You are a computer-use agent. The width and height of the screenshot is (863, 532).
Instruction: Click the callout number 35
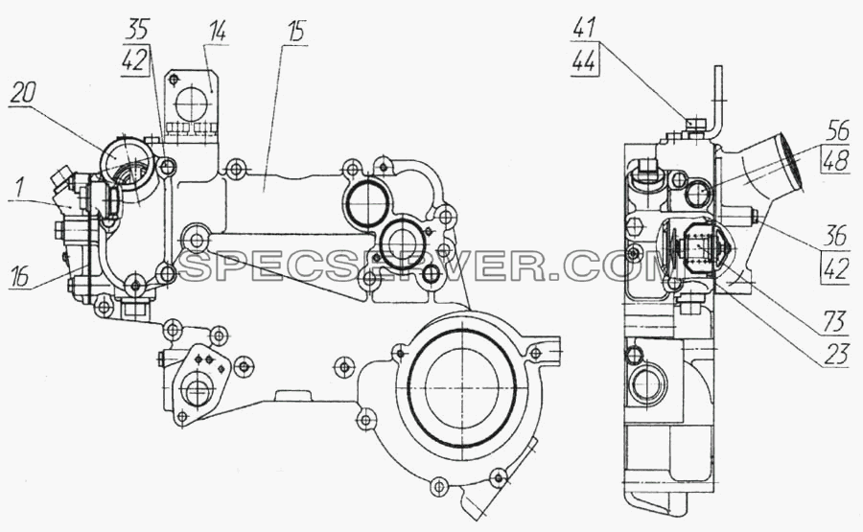pos(137,30)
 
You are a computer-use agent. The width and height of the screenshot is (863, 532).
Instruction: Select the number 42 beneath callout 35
pos(135,60)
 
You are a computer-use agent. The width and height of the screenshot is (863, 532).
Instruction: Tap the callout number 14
pos(217,33)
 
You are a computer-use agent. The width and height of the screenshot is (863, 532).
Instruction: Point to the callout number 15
pos(295,33)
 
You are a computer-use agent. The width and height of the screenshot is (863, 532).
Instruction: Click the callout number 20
pos(21,95)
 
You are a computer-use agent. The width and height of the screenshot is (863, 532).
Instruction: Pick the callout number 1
pos(19,189)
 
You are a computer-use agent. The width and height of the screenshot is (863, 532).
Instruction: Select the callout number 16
pos(20,277)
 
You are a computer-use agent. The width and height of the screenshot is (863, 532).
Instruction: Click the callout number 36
pos(835,237)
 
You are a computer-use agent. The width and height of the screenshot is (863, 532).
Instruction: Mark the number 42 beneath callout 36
pos(835,268)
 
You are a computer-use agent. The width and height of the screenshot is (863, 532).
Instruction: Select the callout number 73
pos(834,322)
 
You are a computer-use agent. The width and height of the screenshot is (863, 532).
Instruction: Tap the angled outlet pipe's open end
pos(789,161)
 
